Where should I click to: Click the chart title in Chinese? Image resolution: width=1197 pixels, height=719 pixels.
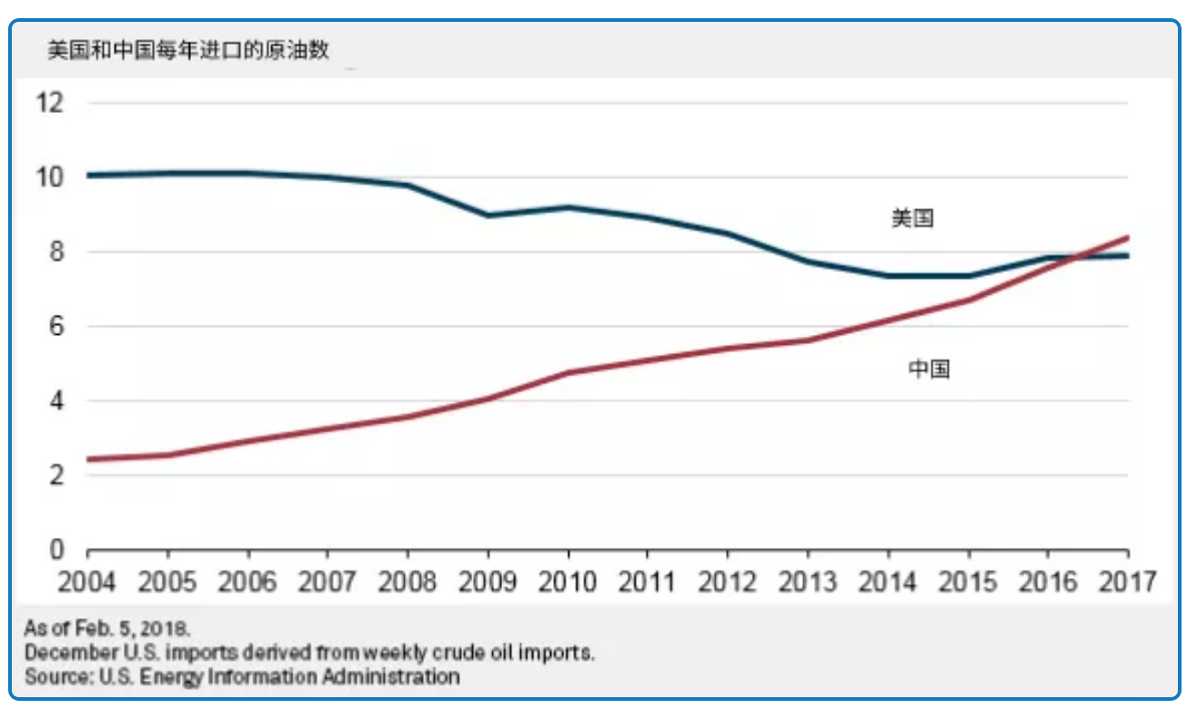tap(187, 51)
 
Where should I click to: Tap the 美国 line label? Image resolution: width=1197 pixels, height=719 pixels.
tap(912, 218)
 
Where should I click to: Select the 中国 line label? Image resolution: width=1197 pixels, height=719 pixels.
tap(930, 370)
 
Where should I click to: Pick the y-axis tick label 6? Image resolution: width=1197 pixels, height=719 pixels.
tap(55, 326)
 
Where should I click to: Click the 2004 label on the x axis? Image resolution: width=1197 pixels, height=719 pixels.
tap(88, 582)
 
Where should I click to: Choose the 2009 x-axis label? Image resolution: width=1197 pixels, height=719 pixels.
tap(488, 582)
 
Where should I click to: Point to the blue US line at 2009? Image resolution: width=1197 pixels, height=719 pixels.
tap(488, 216)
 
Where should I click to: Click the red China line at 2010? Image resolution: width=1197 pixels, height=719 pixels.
tap(568, 373)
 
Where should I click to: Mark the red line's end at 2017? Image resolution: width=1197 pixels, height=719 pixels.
tap(1128, 238)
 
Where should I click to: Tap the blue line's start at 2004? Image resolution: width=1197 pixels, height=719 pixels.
tap(89, 175)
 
